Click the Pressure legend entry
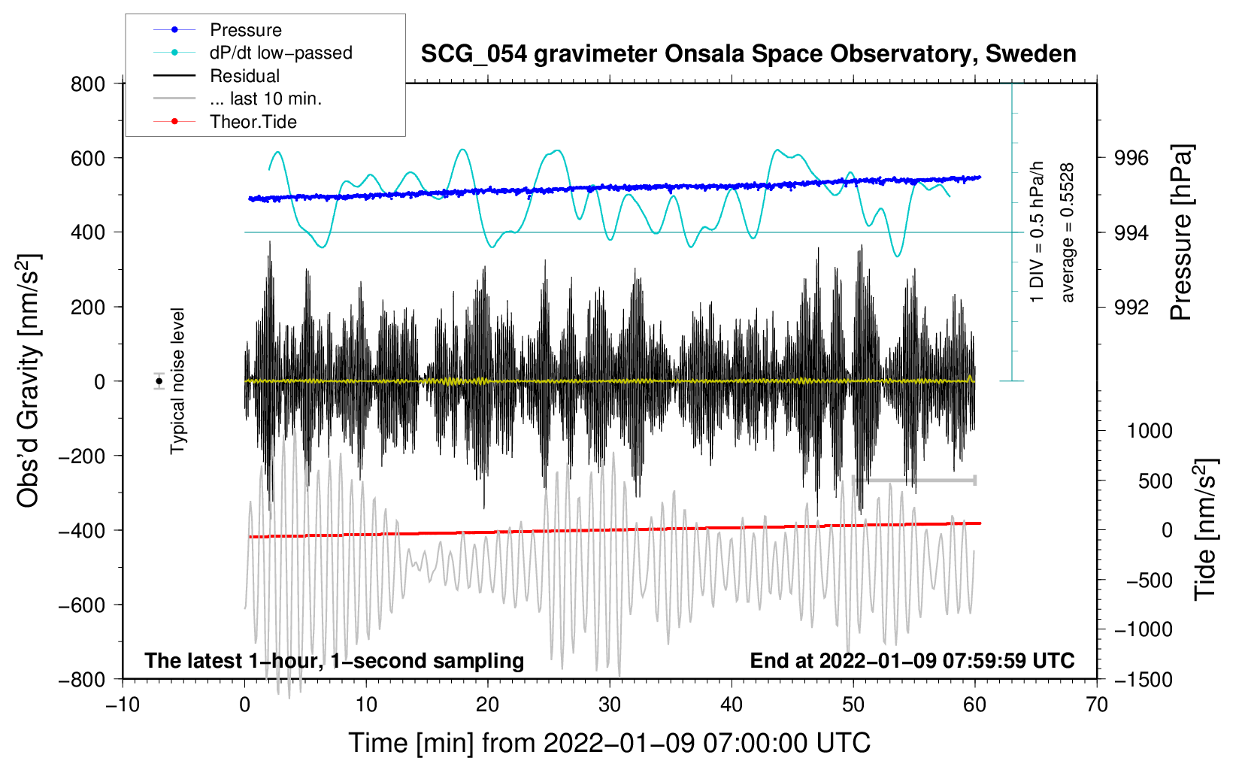pyautogui.click(x=245, y=30)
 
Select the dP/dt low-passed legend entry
pyautogui.click(x=280, y=53)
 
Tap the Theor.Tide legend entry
pyautogui.click(x=253, y=122)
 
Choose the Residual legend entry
pyautogui.click(x=244, y=76)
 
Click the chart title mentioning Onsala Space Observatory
pyautogui.click(x=748, y=54)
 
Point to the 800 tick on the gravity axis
pyautogui.click(x=88, y=83)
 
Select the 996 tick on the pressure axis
pyautogui.click(x=1131, y=158)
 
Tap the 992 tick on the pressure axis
pyautogui.click(x=1131, y=307)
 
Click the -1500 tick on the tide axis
pyautogui.click(x=1143, y=679)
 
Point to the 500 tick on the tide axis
pyautogui.click(x=1155, y=481)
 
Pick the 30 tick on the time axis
pyautogui.click(x=610, y=705)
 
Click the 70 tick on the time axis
pyautogui.click(x=1097, y=705)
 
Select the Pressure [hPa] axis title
pyautogui.click(x=1181, y=232)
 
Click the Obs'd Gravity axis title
pyautogui.click(x=28, y=380)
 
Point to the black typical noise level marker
pyautogui.click(x=159, y=381)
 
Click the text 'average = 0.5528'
pyautogui.click(x=1068, y=232)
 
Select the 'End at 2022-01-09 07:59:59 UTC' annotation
pyautogui.click(x=912, y=660)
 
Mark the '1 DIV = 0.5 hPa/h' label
pyautogui.click(x=1037, y=232)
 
